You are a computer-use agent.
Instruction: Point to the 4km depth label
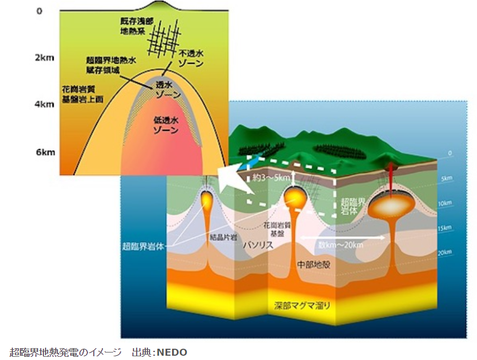44,104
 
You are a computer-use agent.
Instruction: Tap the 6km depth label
44,152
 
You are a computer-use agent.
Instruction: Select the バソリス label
259,245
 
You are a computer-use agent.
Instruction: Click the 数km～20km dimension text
340,245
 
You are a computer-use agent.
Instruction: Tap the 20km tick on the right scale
445,252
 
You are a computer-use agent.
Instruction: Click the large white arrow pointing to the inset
235,181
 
